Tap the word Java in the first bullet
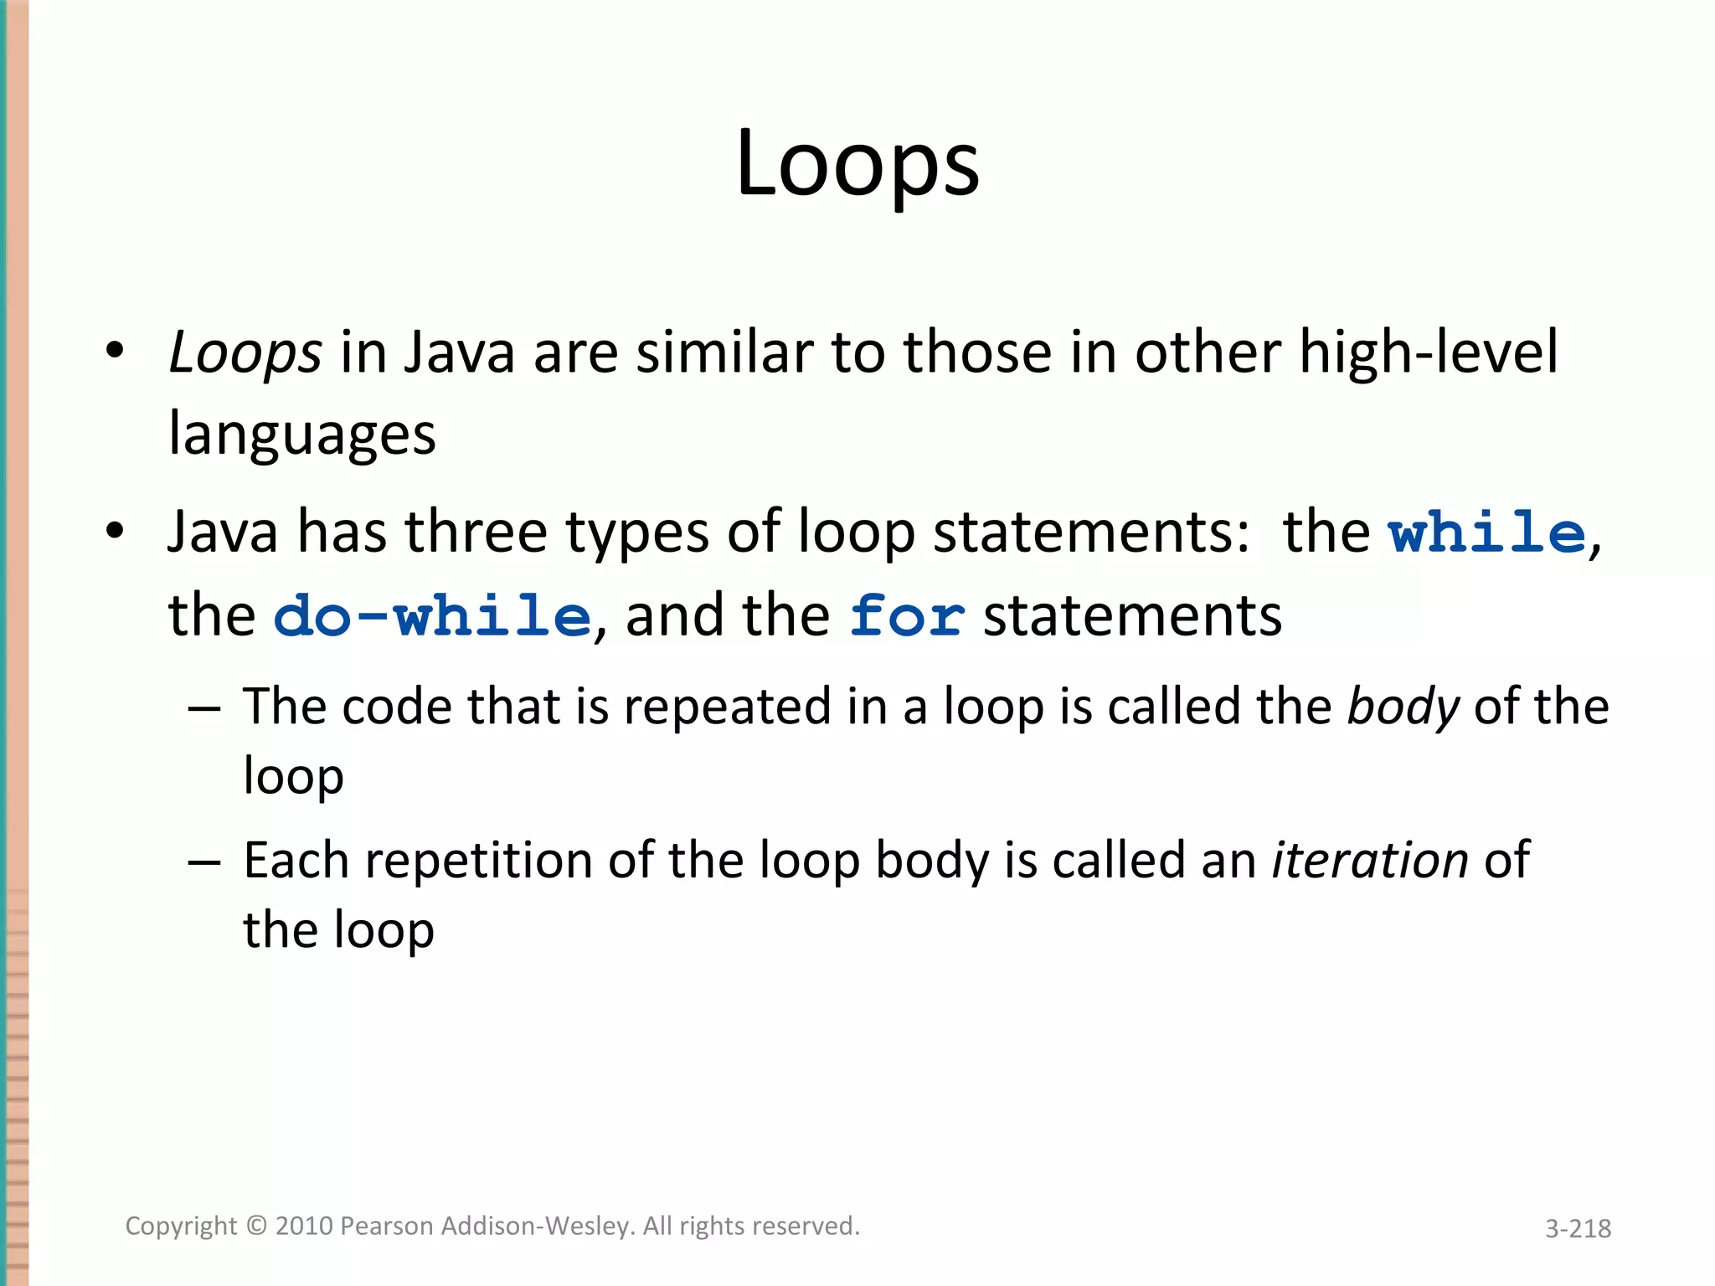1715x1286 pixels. click(459, 352)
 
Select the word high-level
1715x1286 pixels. click(1429, 352)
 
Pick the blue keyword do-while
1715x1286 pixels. click(432, 616)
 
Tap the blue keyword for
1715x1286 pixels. click(907, 616)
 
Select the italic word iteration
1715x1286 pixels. click(1370, 860)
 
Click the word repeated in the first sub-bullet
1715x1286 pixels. click(727, 706)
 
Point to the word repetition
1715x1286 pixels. click(478, 860)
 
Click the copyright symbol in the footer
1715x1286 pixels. click(256, 1227)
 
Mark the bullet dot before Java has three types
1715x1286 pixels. click(116, 531)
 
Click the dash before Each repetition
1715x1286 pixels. click(204, 862)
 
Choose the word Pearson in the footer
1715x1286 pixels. click(388, 1227)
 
